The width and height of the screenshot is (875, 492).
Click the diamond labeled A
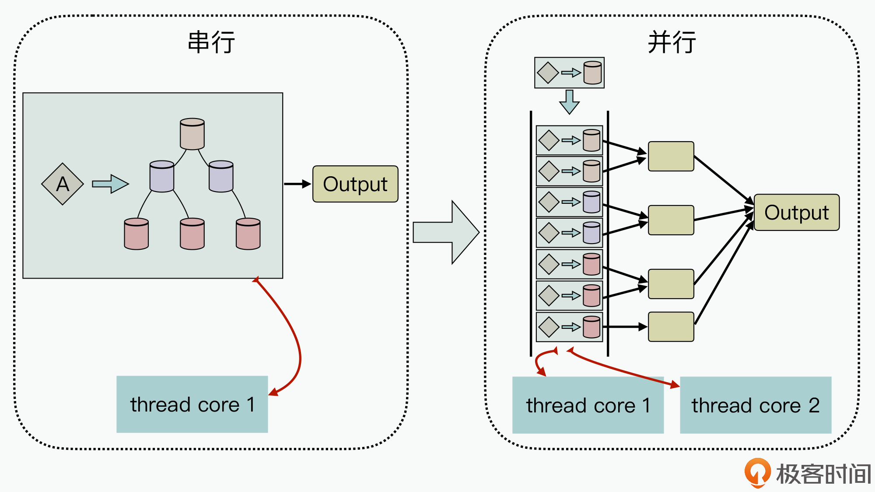[x=63, y=184]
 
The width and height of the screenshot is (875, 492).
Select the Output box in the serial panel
[x=355, y=184]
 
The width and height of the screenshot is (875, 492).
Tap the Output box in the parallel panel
[x=796, y=213]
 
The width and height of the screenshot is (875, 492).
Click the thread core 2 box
[x=756, y=405]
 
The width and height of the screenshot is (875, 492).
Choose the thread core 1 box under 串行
[x=192, y=405]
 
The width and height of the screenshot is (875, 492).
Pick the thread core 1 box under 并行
[x=588, y=405]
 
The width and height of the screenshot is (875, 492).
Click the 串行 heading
[x=211, y=42]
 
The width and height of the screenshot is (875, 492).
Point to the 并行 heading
[x=672, y=42]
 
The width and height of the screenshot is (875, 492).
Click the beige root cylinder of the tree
[x=192, y=134]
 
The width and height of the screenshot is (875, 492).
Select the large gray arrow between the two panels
[x=446, y=232]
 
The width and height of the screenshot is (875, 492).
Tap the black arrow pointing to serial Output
[x=297, y=184]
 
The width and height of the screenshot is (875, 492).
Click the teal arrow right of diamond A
[x=110, y=184]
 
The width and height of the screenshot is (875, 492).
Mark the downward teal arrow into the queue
[x=569, y=102]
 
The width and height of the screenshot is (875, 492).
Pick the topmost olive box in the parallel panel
[x=671, y=156]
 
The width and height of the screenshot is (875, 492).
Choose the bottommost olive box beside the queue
[x=671, y=327]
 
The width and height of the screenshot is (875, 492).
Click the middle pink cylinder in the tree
[x=192, y=234]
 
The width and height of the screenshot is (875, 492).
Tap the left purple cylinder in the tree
[x=162, y=177]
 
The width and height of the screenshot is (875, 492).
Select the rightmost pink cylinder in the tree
[x=248, y=234]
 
